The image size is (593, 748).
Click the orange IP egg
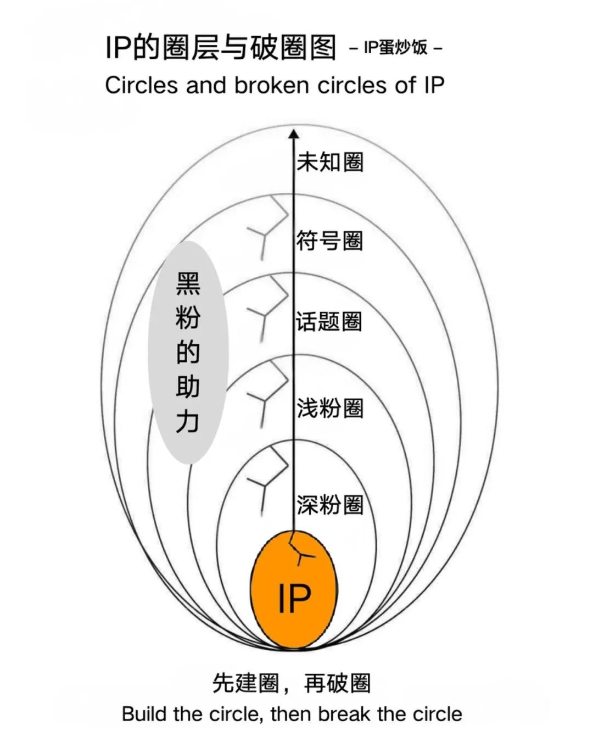(x=294, y=589)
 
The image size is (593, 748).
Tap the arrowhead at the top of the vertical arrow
(x=294, y=134)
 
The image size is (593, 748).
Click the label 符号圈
(x=329, y=241)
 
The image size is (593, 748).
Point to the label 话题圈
(x=329, y=321)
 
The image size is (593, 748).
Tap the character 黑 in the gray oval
(x=188, y=283)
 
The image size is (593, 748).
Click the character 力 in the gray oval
(x=188, y=422)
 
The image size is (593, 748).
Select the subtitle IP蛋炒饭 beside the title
(x=396, y=48)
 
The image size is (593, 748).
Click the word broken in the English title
(x=272, y=85)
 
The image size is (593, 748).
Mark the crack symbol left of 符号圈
(x=267, y=227)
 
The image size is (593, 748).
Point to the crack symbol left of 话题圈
(x=267, y=308)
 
